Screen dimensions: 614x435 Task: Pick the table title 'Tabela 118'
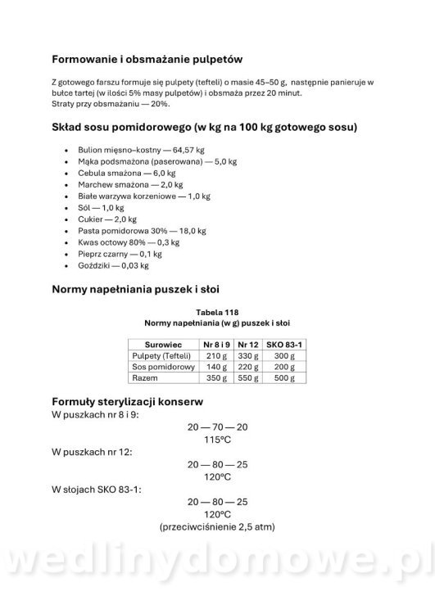217,312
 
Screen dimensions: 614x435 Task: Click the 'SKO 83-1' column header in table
284,345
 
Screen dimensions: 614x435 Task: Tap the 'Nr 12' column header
248,345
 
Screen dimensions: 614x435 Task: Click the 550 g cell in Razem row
248,379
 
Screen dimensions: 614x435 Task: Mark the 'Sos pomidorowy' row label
161,368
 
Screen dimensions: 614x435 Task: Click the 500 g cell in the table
284,379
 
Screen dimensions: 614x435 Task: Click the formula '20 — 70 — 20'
217,427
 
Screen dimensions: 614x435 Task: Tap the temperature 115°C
217,440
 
